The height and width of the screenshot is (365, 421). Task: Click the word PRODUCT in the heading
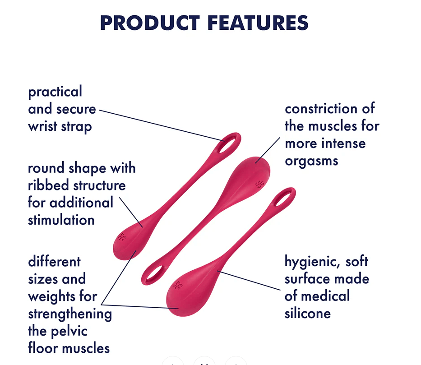(150, 23)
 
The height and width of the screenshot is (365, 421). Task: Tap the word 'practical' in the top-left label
(55, 92)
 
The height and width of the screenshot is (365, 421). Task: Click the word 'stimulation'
(61, 220)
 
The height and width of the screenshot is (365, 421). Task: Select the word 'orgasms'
(311, 161)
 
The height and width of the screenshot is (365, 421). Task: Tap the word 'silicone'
(307, 313)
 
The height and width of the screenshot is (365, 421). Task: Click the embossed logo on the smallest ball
(122, 236)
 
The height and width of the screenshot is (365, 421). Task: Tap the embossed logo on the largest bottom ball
(180, 285)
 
